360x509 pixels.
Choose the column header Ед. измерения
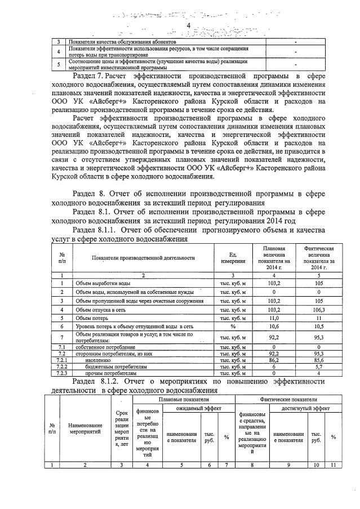(x=233, y=258)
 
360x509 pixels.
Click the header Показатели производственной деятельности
(x=139, y=258)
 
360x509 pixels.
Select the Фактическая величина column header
(x=319, y=258)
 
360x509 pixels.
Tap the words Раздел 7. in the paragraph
(x=87, y=75)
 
